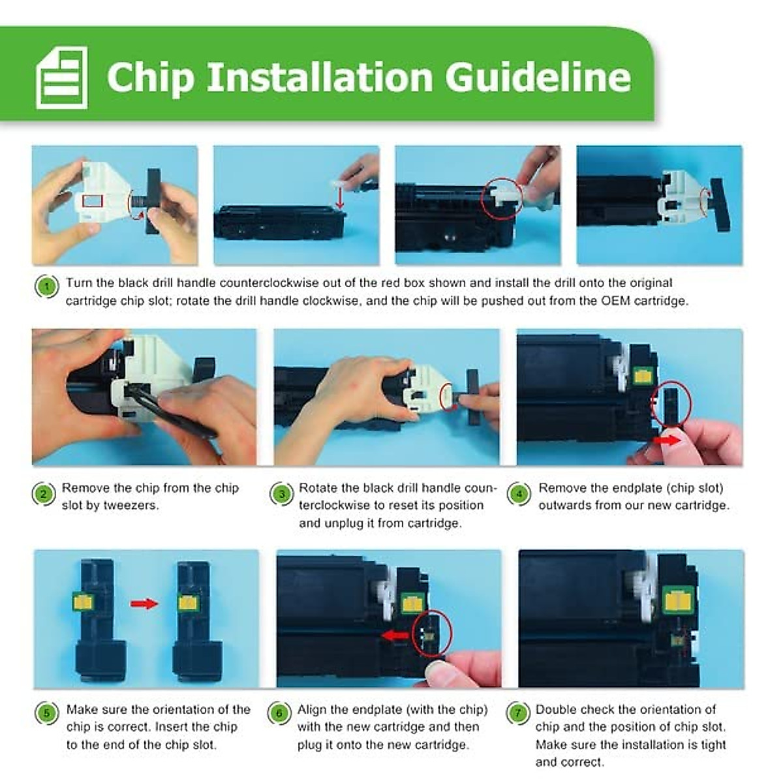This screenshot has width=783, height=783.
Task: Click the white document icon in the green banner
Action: click(x=62, y=77)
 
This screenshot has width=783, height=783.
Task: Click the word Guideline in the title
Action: click(x=538, y=77)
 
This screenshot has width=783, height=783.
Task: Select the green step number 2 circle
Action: click(x=43, y=494)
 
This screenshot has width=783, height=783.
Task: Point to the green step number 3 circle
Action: click(x=281, y=494)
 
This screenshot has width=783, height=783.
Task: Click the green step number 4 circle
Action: click(x=519, y=494)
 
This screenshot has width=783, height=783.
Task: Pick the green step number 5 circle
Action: click(x=46, y=713)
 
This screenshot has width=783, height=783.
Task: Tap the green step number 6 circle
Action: click(x=279, y=713)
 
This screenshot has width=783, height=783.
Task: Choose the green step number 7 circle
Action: click(x=517, y=713)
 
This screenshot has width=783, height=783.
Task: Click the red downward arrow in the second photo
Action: click(x=341, y=199)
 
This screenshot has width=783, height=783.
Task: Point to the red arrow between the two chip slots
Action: click(x=144, y=604)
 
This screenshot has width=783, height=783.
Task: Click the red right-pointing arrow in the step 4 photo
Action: click(x=668, y=440)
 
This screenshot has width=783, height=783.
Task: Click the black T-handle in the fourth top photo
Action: click(x=718, y=206)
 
